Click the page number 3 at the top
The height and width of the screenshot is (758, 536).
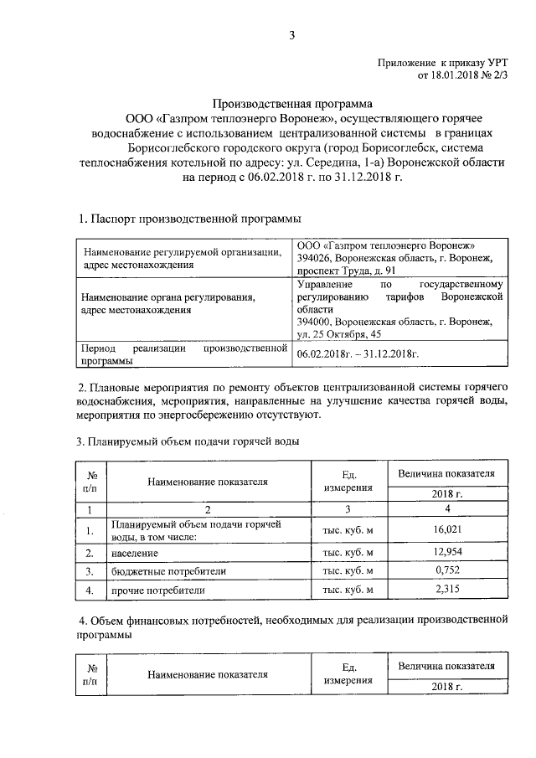(291, 35)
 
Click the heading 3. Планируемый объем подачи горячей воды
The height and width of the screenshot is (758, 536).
(188, 441)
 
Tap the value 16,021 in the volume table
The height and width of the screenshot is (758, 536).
(449, 530)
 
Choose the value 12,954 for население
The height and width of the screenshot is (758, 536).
(449, 553)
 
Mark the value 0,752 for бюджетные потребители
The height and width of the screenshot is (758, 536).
(449, 571)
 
